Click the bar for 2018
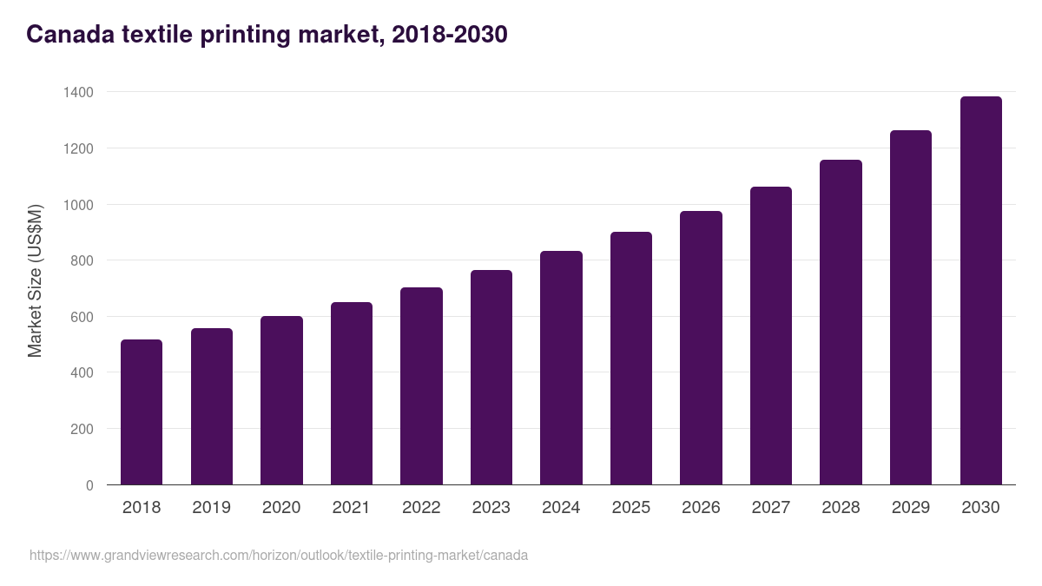click(x=142, y=412)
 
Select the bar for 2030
click(x=980, y=291)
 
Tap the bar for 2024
click(x=561, y=368)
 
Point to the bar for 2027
click(x=771, y=336)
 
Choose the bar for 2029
click(x=911, y=307)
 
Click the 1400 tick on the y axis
click(x=77, y=92)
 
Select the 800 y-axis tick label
click(x=81, y=260)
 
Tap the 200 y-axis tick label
click(x=81, y=429)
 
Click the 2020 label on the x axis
click(x=281, y=508)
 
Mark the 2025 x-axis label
click(x=631, y=508)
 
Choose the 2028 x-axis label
click(x=841, y=508)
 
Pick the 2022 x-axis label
click(x=421, y=508)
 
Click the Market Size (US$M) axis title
click(x=36, y=280)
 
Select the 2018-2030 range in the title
click(x=449, y=35)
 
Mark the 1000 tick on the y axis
click(x=77, y=205)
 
